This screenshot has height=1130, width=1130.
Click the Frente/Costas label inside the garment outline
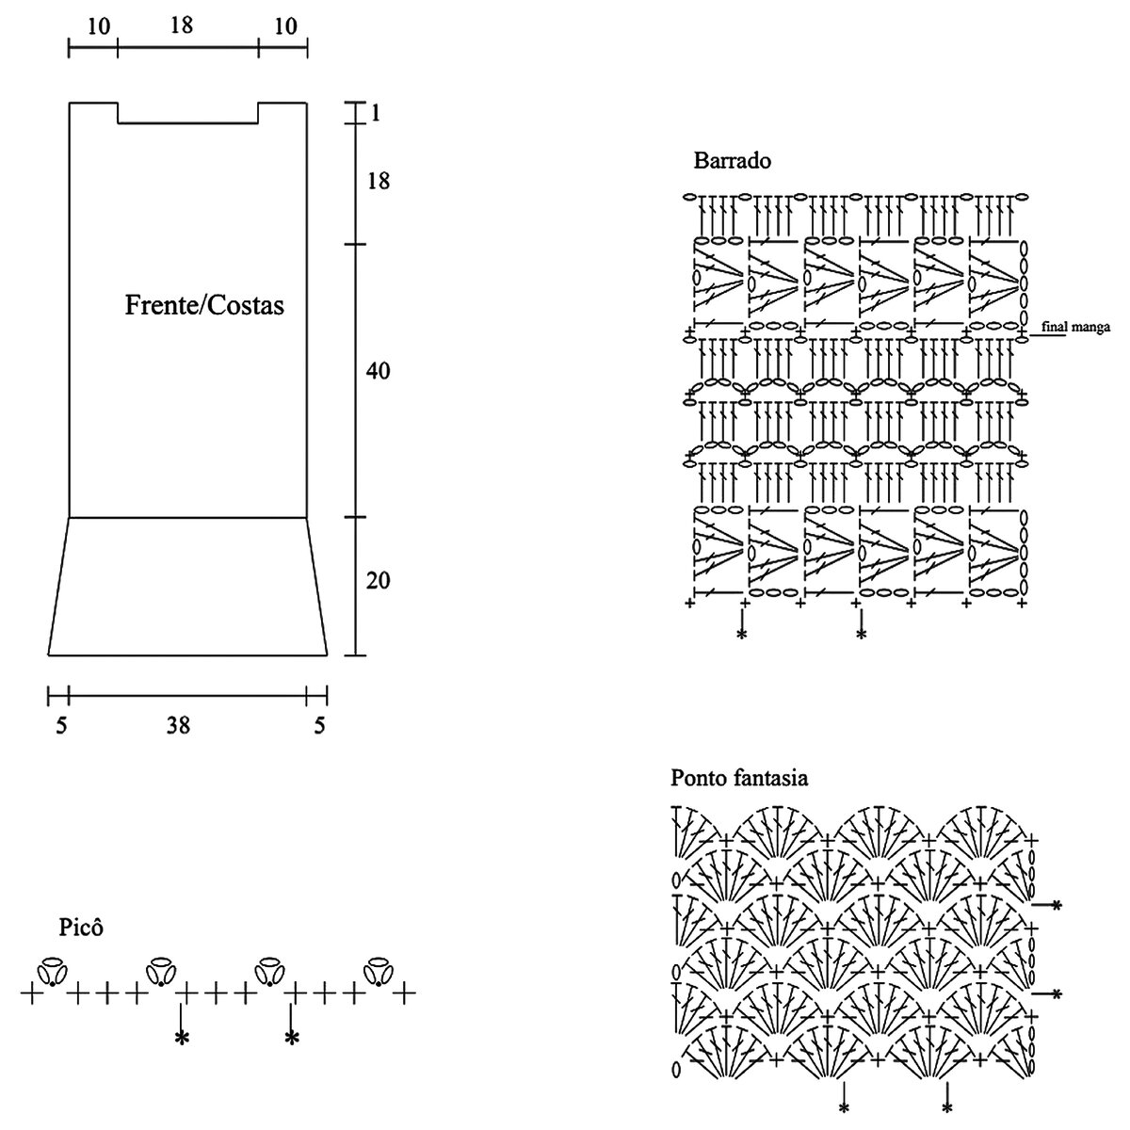(x=204, y=306)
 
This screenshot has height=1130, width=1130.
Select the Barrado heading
(x=732, y=160)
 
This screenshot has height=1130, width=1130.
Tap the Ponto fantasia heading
(x=738, y=779)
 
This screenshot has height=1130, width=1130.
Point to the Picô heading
(x=80, y=928)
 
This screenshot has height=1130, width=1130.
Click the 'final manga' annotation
(x=1076, y=328)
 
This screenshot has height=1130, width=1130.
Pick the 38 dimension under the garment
(x=178, y=725)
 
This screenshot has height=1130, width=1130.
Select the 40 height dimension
(x=378, y=371)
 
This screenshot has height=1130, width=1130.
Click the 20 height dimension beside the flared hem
(x=378, y=580)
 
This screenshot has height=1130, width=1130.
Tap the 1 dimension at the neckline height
(x=375, y=113)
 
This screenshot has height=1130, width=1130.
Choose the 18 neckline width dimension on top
(x=182, y=25)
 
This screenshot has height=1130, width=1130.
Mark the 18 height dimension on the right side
(x=378, y=181)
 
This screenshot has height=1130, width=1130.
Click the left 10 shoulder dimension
(x=98, y=26)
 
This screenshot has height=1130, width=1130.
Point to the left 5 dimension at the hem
(x=62, y=725)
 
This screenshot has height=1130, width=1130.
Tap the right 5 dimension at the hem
(x=320, y=725)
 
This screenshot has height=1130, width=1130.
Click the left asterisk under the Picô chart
(x=181, y=1038)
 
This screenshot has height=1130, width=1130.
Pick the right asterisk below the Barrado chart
(x=861, y=635)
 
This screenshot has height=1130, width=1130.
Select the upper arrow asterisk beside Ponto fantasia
(x=1057, y=905)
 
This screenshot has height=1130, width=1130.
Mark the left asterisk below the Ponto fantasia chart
(x=844, y=1106)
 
